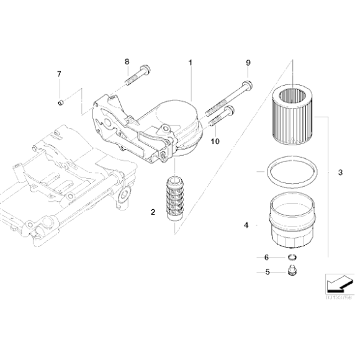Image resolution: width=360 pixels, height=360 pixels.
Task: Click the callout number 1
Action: click(191, 62)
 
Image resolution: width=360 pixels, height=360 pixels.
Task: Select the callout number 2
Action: click(152, 212)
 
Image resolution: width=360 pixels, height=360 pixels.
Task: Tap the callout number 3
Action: click(340, 171)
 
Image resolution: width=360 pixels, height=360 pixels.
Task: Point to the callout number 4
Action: click(246, 225)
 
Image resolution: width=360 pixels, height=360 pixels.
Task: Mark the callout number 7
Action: click(60, 74)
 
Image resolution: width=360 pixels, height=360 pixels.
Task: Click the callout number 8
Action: click(127, 61)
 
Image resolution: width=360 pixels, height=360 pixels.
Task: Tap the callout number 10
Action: click(215, 142)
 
